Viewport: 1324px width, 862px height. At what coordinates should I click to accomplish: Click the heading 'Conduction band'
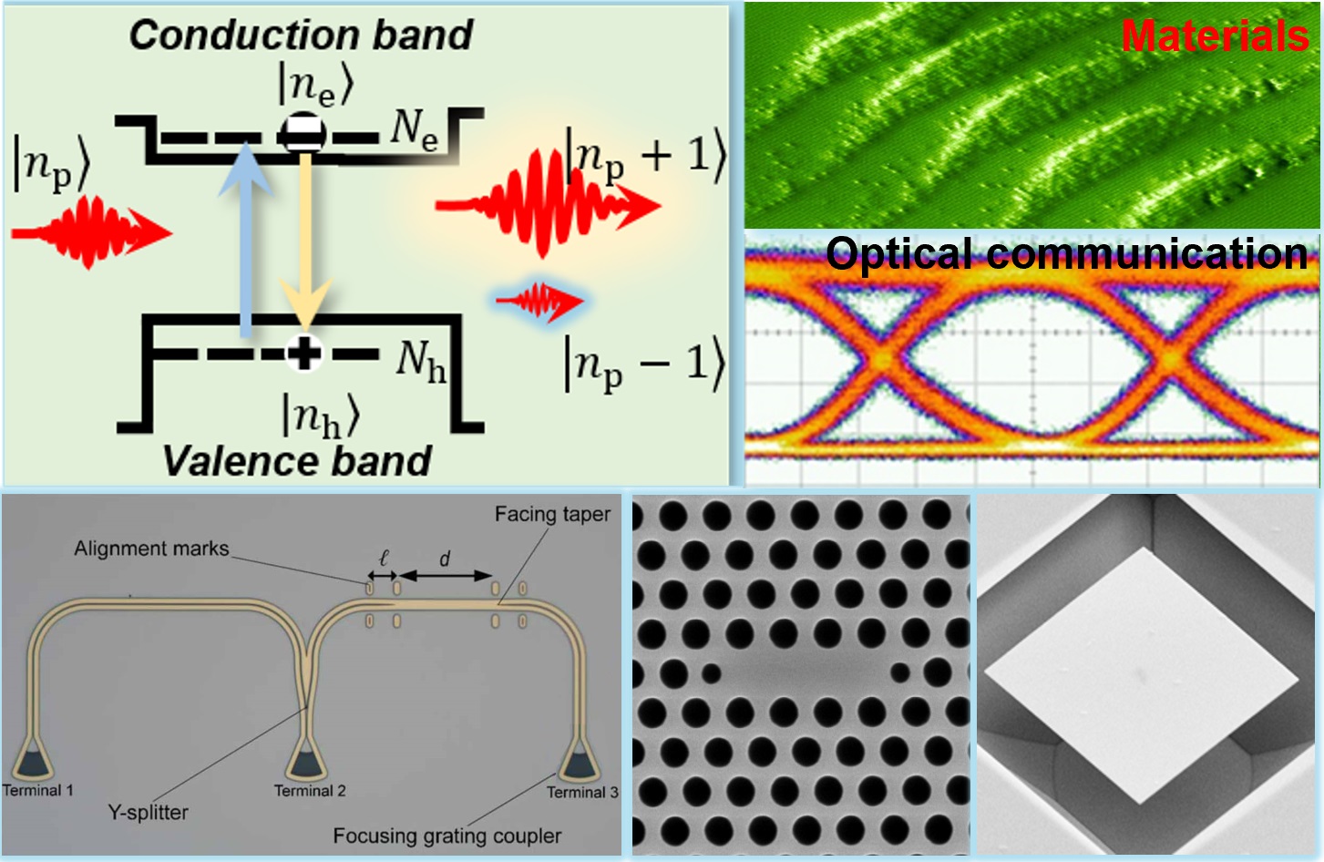point(301,35)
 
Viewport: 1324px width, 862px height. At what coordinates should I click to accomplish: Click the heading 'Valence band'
point(297,461)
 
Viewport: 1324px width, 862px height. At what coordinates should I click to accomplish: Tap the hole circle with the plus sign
point(304,353)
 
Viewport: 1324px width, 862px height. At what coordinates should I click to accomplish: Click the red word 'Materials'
point(1215,36)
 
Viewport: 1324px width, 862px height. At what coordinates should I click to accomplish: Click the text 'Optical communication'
point(1066,253)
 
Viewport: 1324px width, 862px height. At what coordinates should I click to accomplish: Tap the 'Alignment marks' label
point(151,549)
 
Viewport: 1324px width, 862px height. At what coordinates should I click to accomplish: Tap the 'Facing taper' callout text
point(552,514)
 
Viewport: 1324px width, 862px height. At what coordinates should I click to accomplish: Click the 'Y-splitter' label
point(148,812)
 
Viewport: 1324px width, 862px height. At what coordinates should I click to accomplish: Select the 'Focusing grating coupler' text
point(446,836)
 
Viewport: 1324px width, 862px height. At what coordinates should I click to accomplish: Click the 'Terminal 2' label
point(310,791)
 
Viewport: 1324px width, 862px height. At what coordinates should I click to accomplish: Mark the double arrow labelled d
point(446,576)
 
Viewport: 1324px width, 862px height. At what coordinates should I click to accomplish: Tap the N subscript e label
point(415,128)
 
